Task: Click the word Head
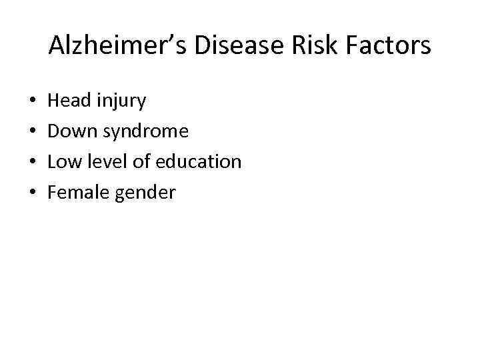pyautogui.click(x=71, y=101)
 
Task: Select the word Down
pyautogui.click(x=73, y=131)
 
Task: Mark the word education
pyautogui.click(x=199, y=162)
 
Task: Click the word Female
pyautogui.click(x=78, y=193)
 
